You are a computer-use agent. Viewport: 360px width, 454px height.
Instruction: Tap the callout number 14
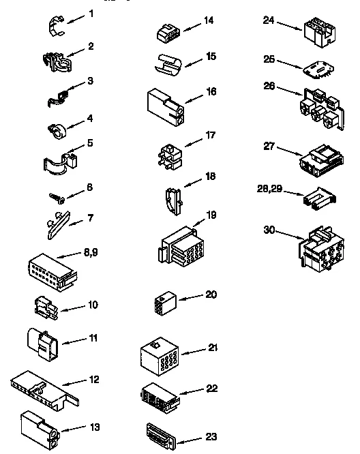[x=208, y=20]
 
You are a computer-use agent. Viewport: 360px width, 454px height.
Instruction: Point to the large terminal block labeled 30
[x=319, y=249]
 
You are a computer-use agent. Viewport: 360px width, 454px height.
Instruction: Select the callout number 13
[x=95, y=427]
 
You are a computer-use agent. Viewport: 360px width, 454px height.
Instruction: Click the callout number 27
[x=271, y=145]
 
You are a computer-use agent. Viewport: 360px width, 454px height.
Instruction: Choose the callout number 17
[x=211, y=135]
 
